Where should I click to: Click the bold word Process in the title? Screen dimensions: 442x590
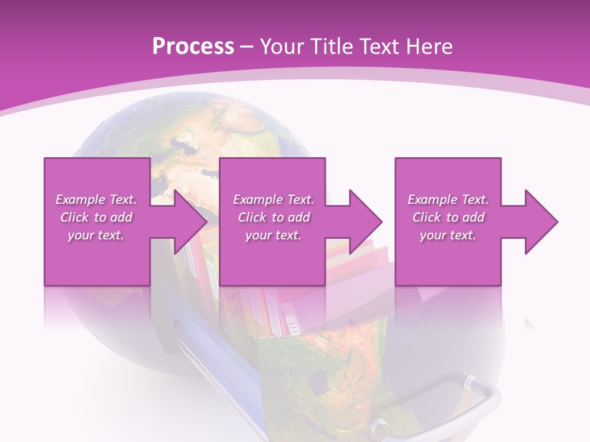click(193, 47)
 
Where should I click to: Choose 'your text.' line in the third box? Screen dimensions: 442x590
click(447, 235)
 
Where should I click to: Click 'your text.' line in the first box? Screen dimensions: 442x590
click(96, 235)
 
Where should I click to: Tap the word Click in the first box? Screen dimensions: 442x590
click(74, 217)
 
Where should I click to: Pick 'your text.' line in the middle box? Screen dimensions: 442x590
click(273, 235)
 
